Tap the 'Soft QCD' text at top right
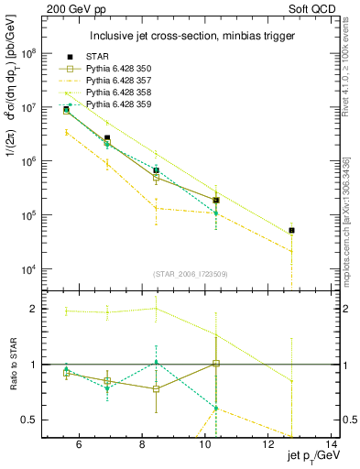(x=316, y=7)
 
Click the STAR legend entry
(x=96, y=57)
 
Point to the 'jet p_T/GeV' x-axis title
(x=310, y=459)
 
